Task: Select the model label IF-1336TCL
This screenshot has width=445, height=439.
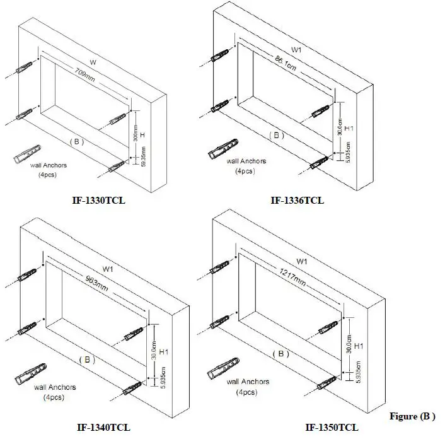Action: tap(298, 201)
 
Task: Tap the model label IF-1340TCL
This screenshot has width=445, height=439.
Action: tap(102, 427)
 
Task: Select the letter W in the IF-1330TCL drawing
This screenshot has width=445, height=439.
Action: tap(93, 62)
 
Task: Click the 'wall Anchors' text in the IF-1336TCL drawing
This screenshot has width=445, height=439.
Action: tap(247, 161)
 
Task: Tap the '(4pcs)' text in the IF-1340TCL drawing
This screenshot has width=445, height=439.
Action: tap(52, 397)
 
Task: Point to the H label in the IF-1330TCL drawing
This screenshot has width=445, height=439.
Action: tap(142, 136)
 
